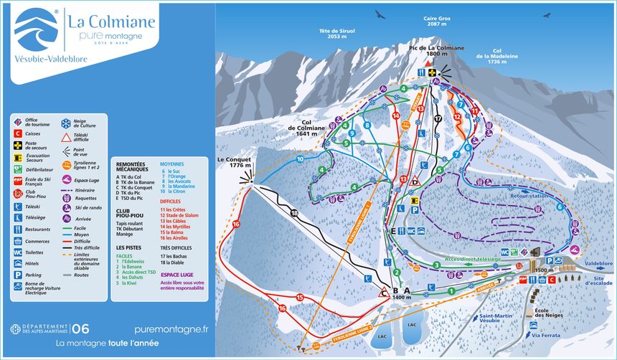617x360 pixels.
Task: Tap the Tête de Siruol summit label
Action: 337,33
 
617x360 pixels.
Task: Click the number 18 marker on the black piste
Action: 293,214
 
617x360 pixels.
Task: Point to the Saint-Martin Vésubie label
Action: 496,319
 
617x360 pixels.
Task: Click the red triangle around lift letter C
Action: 384,292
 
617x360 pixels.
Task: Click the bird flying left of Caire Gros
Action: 380,14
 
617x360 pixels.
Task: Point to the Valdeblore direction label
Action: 598,263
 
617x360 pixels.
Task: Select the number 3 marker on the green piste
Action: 436,265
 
